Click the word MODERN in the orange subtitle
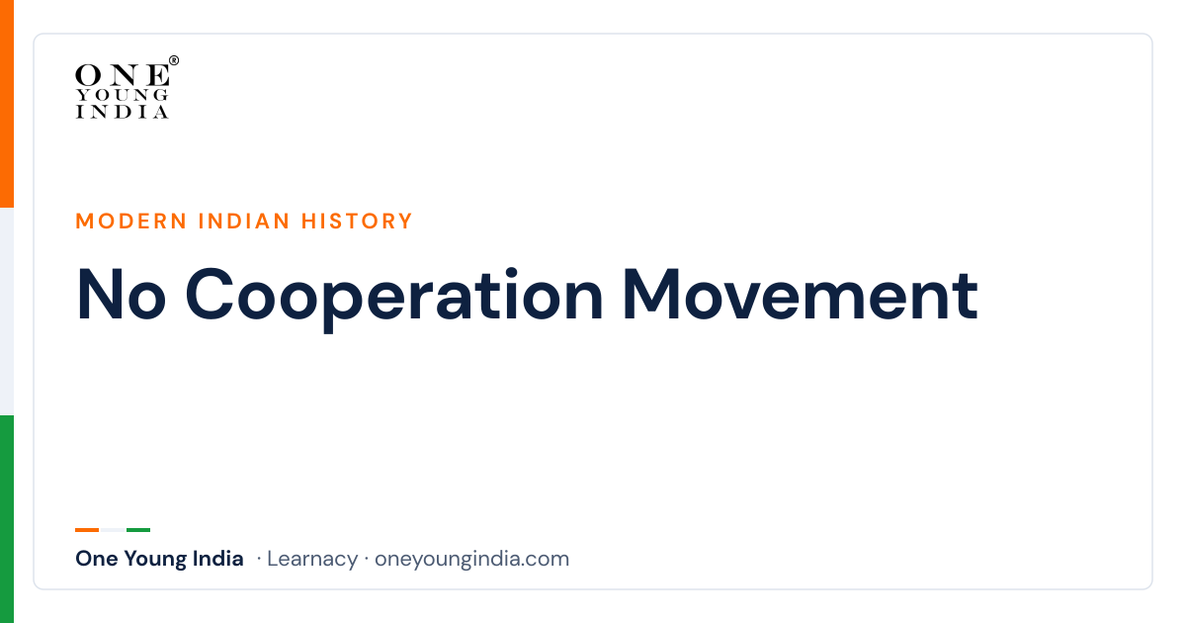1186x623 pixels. click(x=131, y=222)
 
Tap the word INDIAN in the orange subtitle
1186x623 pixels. click(x=244, y=222)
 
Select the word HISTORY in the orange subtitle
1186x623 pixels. click(x=357, y=222)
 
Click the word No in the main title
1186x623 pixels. click(x=122, y=295)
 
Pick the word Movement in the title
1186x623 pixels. click(x=801, y=295)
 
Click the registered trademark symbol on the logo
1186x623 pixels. click(x=174, y=60)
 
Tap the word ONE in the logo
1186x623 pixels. click(x=123, y=75)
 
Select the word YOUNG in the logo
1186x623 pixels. click(x=123, y=95)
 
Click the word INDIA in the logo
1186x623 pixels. click(x=123, y=112)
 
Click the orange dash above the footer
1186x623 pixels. click(x=87, y=530)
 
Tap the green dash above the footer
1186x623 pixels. click(x=138, y=530)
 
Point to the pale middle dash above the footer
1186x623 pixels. click(x=113, y=530)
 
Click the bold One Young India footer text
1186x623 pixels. click(x=159, y=559)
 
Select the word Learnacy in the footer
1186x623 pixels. click(x=312, y=559)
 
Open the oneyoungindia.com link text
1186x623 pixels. click(x=471, y=560)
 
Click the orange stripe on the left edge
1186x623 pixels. click(x=7, y=104)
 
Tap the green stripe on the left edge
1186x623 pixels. click(x=7, y=519)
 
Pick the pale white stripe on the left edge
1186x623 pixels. click(x=7, y=311)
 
